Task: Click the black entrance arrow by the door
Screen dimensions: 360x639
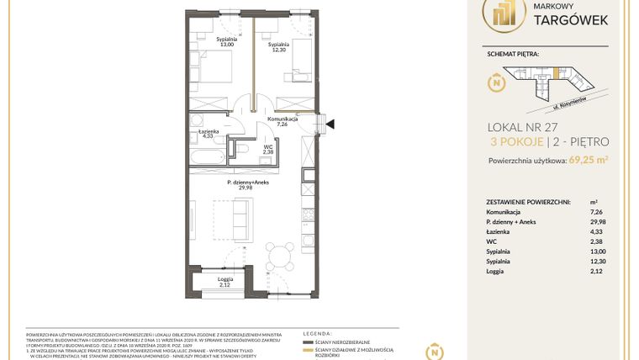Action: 330,124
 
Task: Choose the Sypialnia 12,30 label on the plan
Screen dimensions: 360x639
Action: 279,47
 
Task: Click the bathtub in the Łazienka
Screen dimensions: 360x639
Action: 209,158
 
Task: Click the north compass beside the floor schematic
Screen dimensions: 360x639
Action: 496,83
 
